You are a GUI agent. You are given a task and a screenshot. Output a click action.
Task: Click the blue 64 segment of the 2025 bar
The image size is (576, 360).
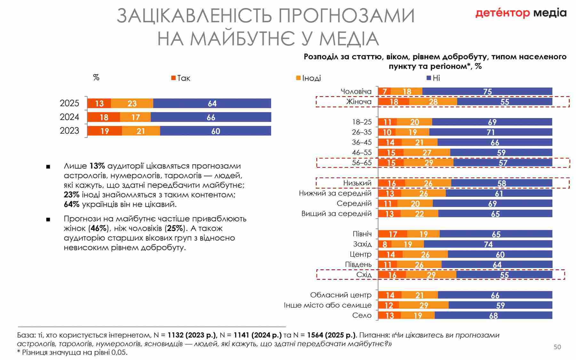coord(212,103)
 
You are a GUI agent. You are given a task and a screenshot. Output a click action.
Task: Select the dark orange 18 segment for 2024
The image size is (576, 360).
coord(104,117)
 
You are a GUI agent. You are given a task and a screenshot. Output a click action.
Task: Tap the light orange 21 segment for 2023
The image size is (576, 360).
coord(141,131)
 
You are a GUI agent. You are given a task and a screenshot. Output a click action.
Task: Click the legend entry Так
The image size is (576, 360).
coord(181,78)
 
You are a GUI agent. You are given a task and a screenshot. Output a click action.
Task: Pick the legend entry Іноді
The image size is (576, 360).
coord(308,78)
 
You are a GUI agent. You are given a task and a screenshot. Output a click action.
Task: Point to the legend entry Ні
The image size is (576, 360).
coord(433,78)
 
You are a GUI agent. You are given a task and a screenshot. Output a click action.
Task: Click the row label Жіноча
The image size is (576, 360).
coord(359,102)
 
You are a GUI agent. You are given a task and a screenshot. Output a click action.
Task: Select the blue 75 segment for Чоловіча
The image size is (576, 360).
coord(487,92)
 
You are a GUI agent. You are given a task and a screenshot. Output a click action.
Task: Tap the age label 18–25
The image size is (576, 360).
coord(362,122)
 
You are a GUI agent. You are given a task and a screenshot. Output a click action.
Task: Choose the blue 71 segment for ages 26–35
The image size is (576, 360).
coord(491,132)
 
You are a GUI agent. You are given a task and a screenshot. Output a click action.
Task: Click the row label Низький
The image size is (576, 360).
coord(357,183)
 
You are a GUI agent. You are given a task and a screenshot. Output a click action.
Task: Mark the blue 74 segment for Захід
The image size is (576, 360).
coord(488,244)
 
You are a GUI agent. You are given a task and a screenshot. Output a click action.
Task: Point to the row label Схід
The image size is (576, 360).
coord(364,275)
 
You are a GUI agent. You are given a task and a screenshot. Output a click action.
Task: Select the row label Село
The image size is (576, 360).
coord(362,316)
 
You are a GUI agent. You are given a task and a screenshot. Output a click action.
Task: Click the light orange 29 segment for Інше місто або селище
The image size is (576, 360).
coord(424,305)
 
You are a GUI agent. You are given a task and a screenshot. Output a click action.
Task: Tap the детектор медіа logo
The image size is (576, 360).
coord(521,13)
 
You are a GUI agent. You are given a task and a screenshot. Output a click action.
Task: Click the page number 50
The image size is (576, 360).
coord(557,347)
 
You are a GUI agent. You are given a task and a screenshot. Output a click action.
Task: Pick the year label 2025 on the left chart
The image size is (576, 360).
coord(69,103)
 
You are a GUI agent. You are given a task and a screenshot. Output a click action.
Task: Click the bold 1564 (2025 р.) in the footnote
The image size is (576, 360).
coord(331,335)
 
